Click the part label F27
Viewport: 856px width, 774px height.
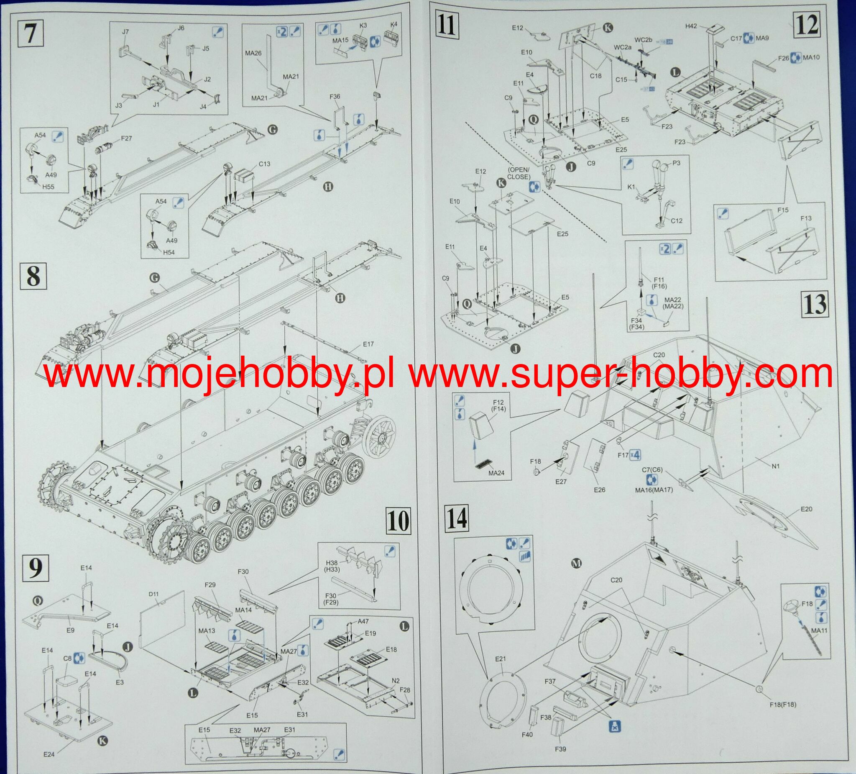(127, 138)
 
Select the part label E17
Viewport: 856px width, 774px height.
(368, 343)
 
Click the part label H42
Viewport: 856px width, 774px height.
(691, 26)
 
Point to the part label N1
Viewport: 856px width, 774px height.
(775, 466)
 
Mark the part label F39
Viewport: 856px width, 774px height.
(560, 761)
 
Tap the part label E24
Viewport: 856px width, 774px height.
(50, 754)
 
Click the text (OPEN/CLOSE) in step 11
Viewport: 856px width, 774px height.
(519, 174)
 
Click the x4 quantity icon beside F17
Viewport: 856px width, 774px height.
(635, 455)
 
